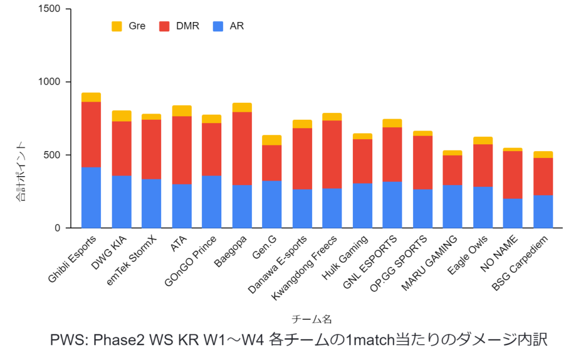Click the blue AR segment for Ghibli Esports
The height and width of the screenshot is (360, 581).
91,197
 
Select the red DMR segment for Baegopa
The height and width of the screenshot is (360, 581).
242,148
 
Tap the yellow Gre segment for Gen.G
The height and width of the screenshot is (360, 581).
272,140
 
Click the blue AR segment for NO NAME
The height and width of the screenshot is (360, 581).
513,213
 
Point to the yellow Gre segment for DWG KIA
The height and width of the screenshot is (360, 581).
121,116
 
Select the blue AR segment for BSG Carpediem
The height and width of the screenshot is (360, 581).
543,211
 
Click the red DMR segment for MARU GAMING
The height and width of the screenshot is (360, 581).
453,170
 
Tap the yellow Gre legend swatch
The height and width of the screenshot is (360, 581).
117,26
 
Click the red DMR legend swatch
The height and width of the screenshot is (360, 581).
165,26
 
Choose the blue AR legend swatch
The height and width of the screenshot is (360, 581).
217,26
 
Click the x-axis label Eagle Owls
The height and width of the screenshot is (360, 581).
469,257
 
